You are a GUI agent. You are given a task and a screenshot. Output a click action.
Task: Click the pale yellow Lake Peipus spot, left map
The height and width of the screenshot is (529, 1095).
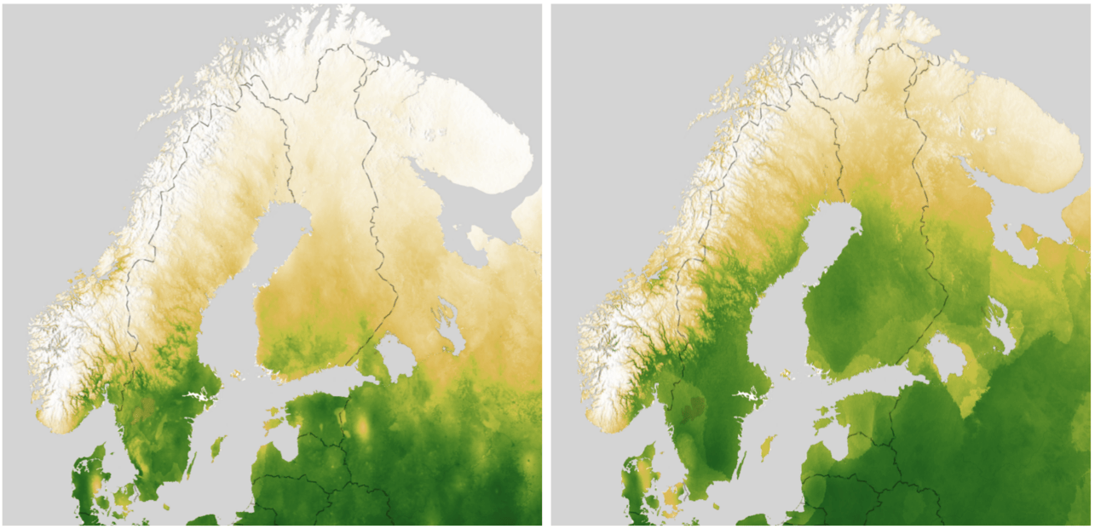point(363,426)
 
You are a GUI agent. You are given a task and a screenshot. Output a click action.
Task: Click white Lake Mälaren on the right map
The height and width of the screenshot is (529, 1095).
point(746,397)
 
